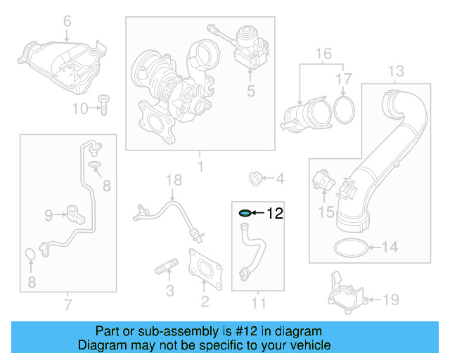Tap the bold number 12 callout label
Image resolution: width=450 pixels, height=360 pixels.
[274, 213]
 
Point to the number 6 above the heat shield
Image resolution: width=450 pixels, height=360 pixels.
[67, 22]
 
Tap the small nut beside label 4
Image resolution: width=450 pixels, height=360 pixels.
[257, 178]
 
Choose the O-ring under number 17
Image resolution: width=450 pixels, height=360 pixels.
[343, 110]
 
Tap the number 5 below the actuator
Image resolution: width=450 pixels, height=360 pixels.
[250, 90]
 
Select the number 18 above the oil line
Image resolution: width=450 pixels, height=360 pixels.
[169, 181]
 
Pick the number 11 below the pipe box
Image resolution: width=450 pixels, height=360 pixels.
[259, 304]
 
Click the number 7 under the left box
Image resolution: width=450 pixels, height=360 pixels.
[67, 304]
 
